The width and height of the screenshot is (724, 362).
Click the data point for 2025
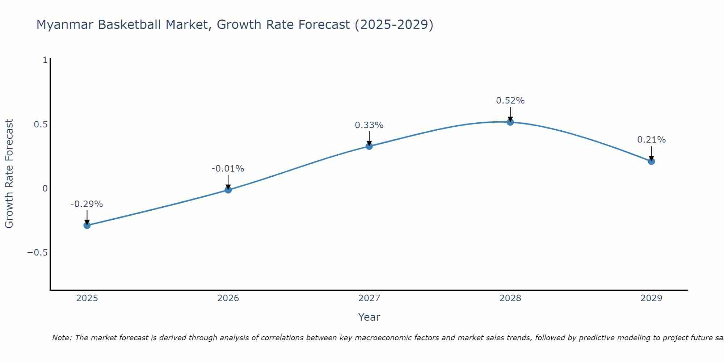coord(87,225)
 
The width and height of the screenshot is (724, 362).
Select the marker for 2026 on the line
coord(228,190)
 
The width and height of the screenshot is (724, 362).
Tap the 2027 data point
coord(369,146)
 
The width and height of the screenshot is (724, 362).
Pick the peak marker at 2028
coord(510,122)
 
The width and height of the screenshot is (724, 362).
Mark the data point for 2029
coord(651,161)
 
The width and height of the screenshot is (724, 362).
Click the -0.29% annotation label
coord(87,204)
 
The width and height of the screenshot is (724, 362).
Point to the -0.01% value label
coord(228,169)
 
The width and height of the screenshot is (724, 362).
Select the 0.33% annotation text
coord(369,125)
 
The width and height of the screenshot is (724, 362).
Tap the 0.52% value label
coord(510,101)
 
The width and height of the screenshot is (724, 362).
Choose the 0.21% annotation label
coord(651,140)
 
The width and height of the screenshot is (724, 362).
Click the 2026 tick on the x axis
coord(228,298)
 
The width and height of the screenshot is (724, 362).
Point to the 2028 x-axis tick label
coord(510,298)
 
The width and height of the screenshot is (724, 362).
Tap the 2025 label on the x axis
coord(87,298)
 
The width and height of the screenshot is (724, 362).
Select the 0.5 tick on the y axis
coord(41,125)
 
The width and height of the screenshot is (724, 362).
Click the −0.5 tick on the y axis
coord(38,253)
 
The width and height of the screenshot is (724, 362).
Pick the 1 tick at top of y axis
coord(45,60)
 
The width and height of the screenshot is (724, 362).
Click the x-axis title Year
coord(369,317)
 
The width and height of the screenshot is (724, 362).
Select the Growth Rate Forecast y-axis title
coord(9,174)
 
